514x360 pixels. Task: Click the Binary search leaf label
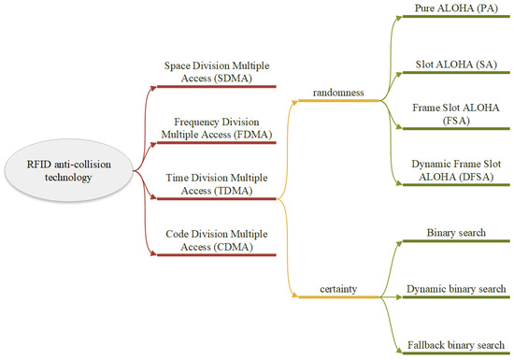point(455,231)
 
